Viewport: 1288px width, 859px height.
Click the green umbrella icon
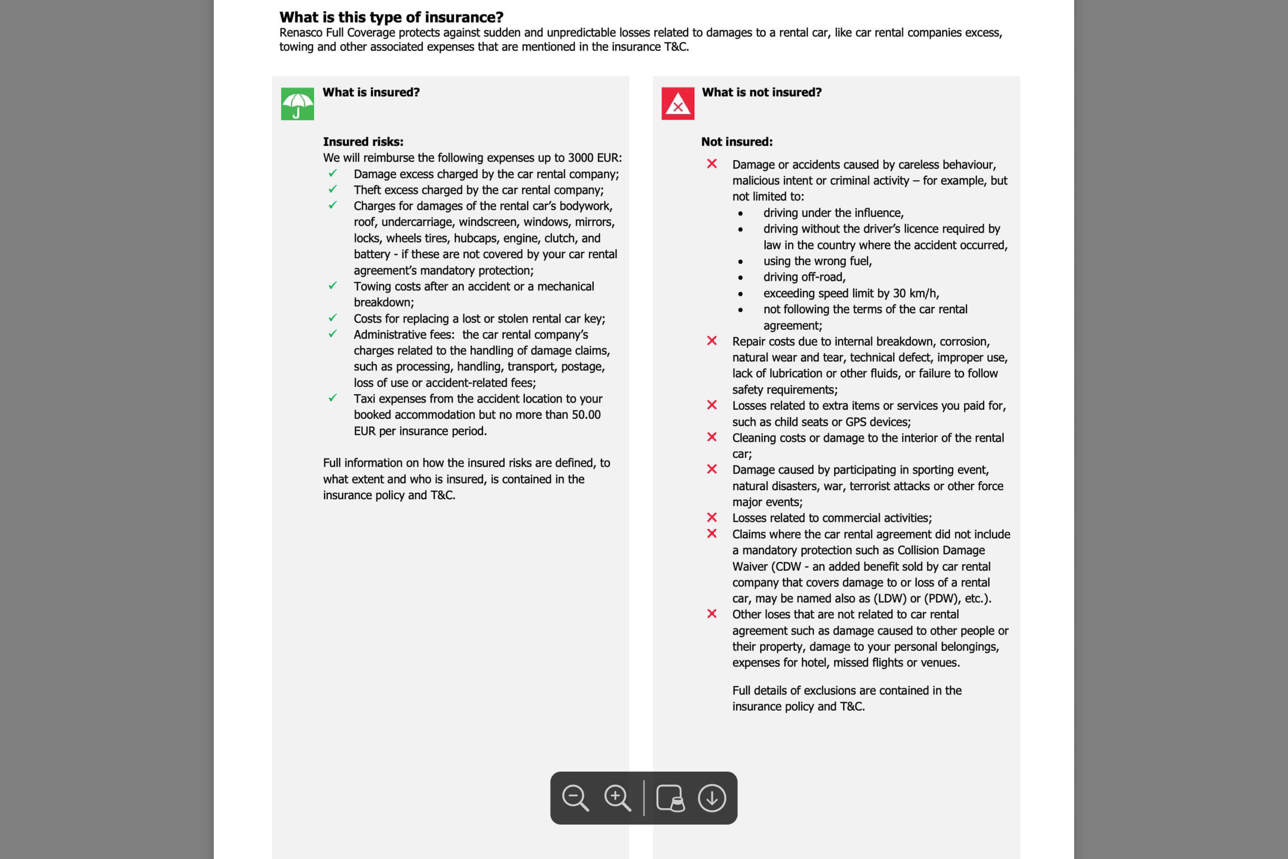[297, 104]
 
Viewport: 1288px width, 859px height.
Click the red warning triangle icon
[677, 104]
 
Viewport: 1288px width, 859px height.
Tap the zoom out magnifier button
[575, 798]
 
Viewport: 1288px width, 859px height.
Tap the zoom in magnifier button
[617, 798]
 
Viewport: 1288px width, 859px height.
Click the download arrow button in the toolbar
[712, 798]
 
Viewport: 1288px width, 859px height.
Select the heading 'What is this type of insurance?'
[391, 18]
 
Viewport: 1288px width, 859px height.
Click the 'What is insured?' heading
[371, 93]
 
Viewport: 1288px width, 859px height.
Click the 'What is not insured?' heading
[761, 93]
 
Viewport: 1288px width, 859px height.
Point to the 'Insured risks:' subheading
[363, 142]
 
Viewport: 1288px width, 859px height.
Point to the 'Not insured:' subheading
[737, 142]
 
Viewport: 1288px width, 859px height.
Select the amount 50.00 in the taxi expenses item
[586, 415]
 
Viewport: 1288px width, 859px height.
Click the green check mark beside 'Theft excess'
[333, 190]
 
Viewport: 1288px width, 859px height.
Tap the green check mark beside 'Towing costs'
[333, 286]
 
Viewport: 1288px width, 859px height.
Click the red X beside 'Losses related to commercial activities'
[712, 517]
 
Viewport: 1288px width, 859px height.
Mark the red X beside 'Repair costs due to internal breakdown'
[712, 341]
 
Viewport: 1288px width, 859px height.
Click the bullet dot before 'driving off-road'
[741, 278]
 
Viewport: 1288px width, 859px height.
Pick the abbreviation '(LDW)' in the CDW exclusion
[890, 598]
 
